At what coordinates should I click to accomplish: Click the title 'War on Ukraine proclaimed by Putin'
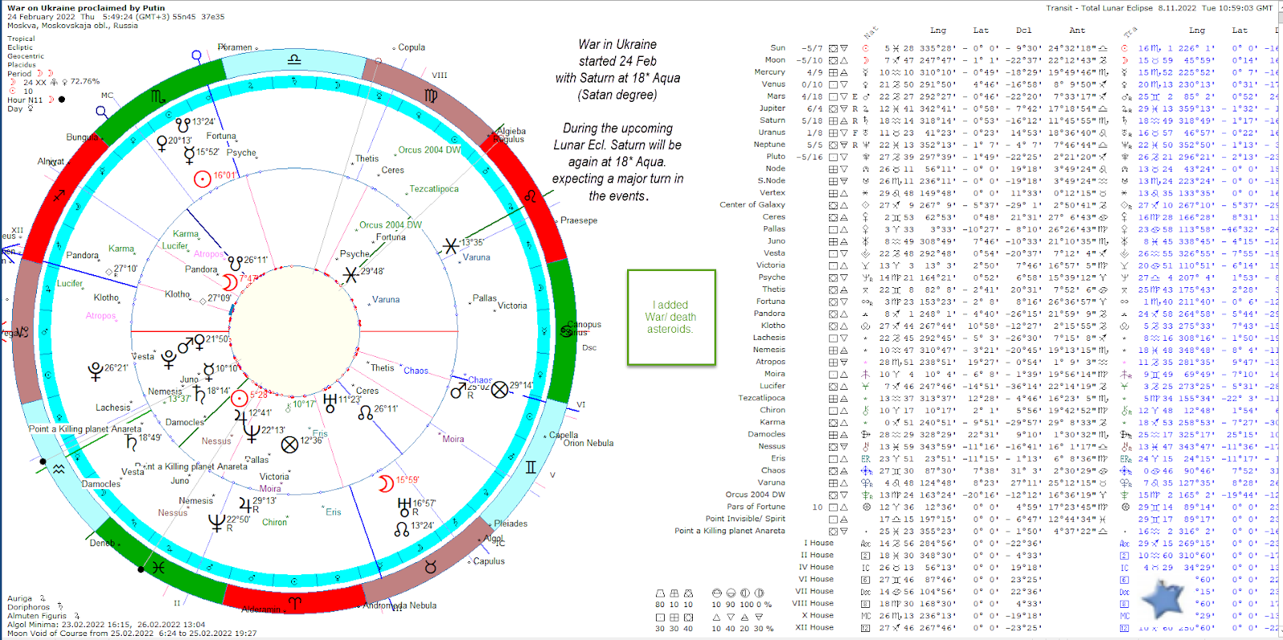click(86, 8)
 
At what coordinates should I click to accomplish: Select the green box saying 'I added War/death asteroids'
click(671, 318)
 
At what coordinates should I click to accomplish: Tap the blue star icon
click(1162, 598)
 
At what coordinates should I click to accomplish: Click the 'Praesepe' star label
click(578, 221)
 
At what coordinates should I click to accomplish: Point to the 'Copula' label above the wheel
click(411, 47)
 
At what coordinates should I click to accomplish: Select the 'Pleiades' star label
click(510, 524)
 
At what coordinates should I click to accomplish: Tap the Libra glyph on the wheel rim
click(294, 59)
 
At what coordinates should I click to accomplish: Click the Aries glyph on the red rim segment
click(294, 602)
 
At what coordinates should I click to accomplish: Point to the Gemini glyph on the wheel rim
click(530, 467)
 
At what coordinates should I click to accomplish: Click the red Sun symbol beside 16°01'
click(202, 178)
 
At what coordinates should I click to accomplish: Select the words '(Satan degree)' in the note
click(617, 95)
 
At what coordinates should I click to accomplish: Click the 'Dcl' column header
click(1024, 30)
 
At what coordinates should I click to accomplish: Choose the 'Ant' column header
click(1077, 30)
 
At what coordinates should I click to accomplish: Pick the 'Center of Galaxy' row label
click(752, 205)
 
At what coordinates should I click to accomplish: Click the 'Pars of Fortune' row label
click(755, 507)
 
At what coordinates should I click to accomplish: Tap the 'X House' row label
click(816, 615)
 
